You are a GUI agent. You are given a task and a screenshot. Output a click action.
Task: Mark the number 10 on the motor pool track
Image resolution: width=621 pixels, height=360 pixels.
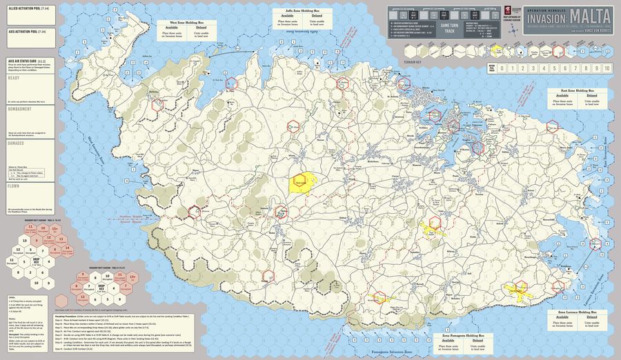coord(607,68)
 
